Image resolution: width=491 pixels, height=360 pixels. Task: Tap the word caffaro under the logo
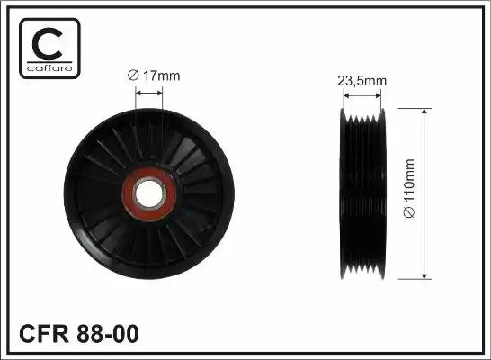click(49, 68)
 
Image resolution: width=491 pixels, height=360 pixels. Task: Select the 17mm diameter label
click(154, 76)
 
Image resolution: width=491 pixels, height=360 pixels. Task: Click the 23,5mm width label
click(362, 81)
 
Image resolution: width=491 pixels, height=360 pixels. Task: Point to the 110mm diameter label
click(409, 188)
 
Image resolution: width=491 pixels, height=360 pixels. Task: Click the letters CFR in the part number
click(44, 334)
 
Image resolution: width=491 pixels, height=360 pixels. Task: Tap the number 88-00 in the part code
click(107, 334)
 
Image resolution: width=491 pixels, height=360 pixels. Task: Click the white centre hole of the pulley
click(149, 193)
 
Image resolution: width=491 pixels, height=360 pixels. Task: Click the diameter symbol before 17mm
click(133, 76)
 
